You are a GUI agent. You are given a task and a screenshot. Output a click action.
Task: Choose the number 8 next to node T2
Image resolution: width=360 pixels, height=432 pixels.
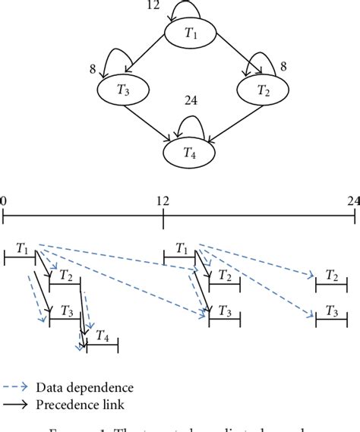[x=284, y=66]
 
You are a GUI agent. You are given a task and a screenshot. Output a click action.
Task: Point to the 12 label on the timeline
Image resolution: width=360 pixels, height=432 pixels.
[x=163, y=201]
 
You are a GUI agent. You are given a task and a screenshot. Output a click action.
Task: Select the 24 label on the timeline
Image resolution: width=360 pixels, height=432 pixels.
[x=352, y=201]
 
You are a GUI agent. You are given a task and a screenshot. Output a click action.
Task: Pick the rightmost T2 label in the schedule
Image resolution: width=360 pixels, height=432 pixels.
[x=331, y=275]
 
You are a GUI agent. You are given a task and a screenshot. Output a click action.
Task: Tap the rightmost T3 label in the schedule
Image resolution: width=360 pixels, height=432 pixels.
[x=331, y=311]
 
